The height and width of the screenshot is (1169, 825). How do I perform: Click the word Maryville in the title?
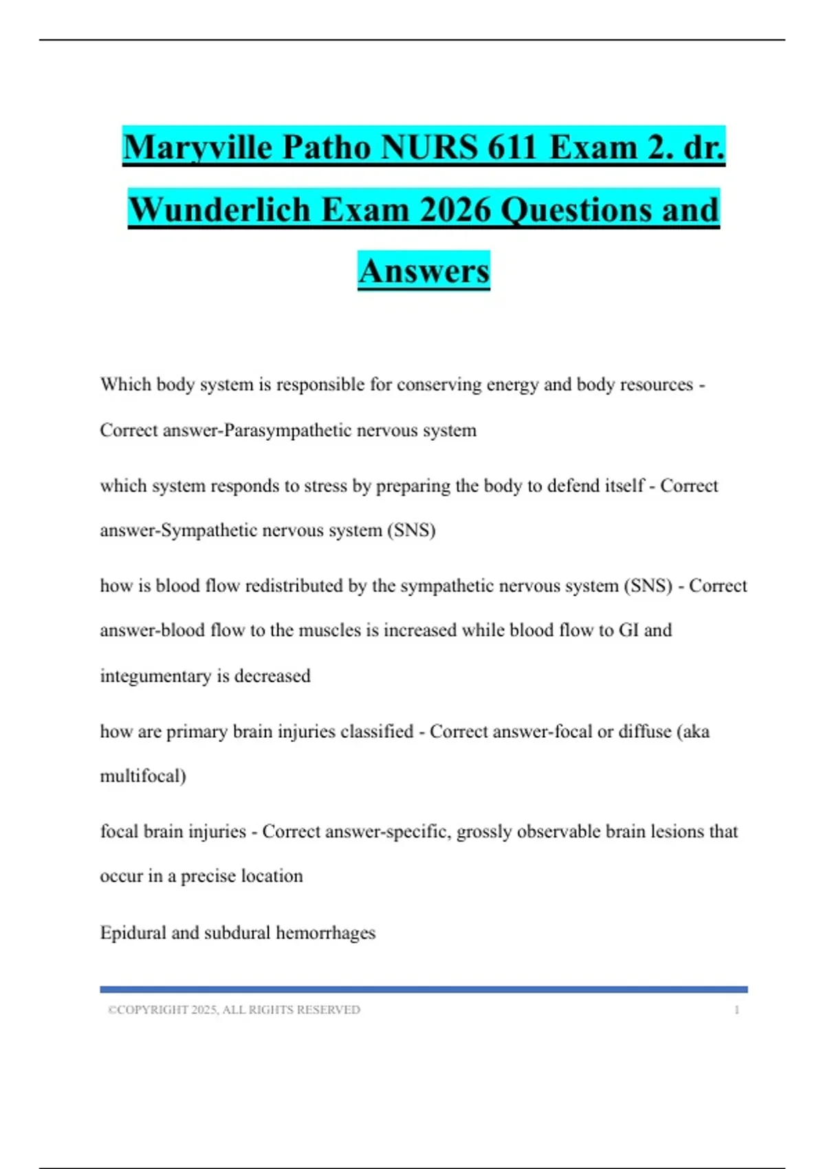click(197, 147)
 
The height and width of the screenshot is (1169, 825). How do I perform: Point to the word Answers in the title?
click(423, 271)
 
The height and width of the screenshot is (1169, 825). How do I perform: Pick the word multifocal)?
click(143, 776)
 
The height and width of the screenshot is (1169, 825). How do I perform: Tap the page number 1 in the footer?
click(736, 1010)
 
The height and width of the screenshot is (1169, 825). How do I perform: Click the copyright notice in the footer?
click(234, 1010)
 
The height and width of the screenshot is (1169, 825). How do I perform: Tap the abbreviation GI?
click(629, 631)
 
